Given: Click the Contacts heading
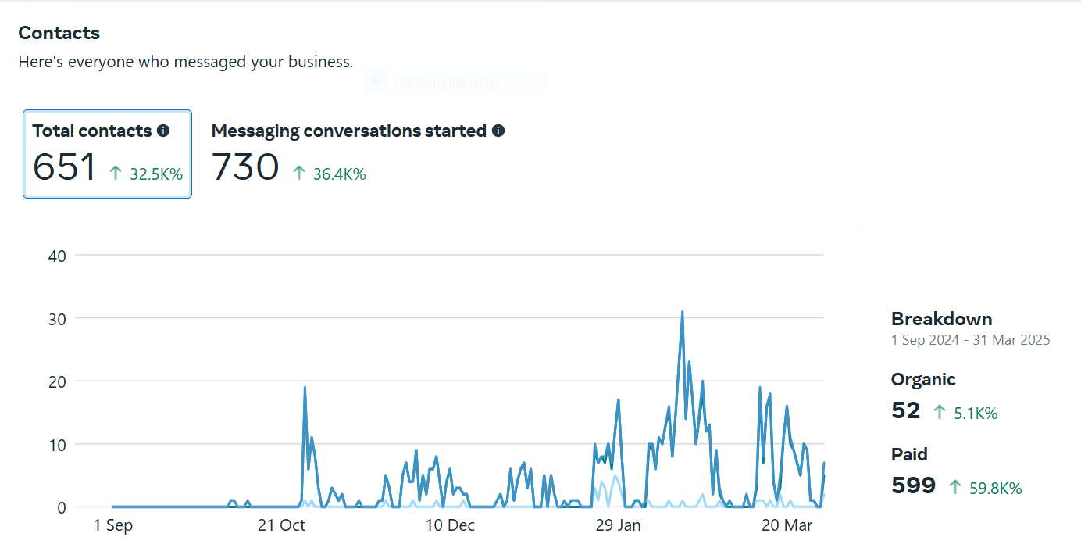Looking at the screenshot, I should (59, 33).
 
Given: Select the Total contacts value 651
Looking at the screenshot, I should (64, 167).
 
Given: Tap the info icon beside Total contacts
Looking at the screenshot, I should (163, 131).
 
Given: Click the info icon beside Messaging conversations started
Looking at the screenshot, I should (498, 131).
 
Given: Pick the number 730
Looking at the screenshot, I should (245, 167).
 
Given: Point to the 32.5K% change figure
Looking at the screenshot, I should (156, 174).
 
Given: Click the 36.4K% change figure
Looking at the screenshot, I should (339, 174).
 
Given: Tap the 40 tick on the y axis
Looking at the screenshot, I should (57, 255).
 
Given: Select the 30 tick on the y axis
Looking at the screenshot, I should (57, 318).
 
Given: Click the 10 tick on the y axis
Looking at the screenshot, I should (57, 444).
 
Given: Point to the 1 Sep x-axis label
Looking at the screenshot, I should (113, 525).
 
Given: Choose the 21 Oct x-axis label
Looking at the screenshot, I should (281, 525).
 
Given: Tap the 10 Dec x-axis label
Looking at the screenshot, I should (451, 525).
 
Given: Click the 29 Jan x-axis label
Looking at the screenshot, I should (618, 525).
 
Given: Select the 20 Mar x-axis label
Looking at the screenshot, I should (787, 525).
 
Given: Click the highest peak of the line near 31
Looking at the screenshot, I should (682, 312).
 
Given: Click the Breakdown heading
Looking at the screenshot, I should (941, 319).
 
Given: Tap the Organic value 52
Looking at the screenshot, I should (905, 410).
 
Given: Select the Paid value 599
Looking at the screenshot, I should (913, 485).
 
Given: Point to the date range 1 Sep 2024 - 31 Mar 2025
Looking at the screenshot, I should (970, 340).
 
